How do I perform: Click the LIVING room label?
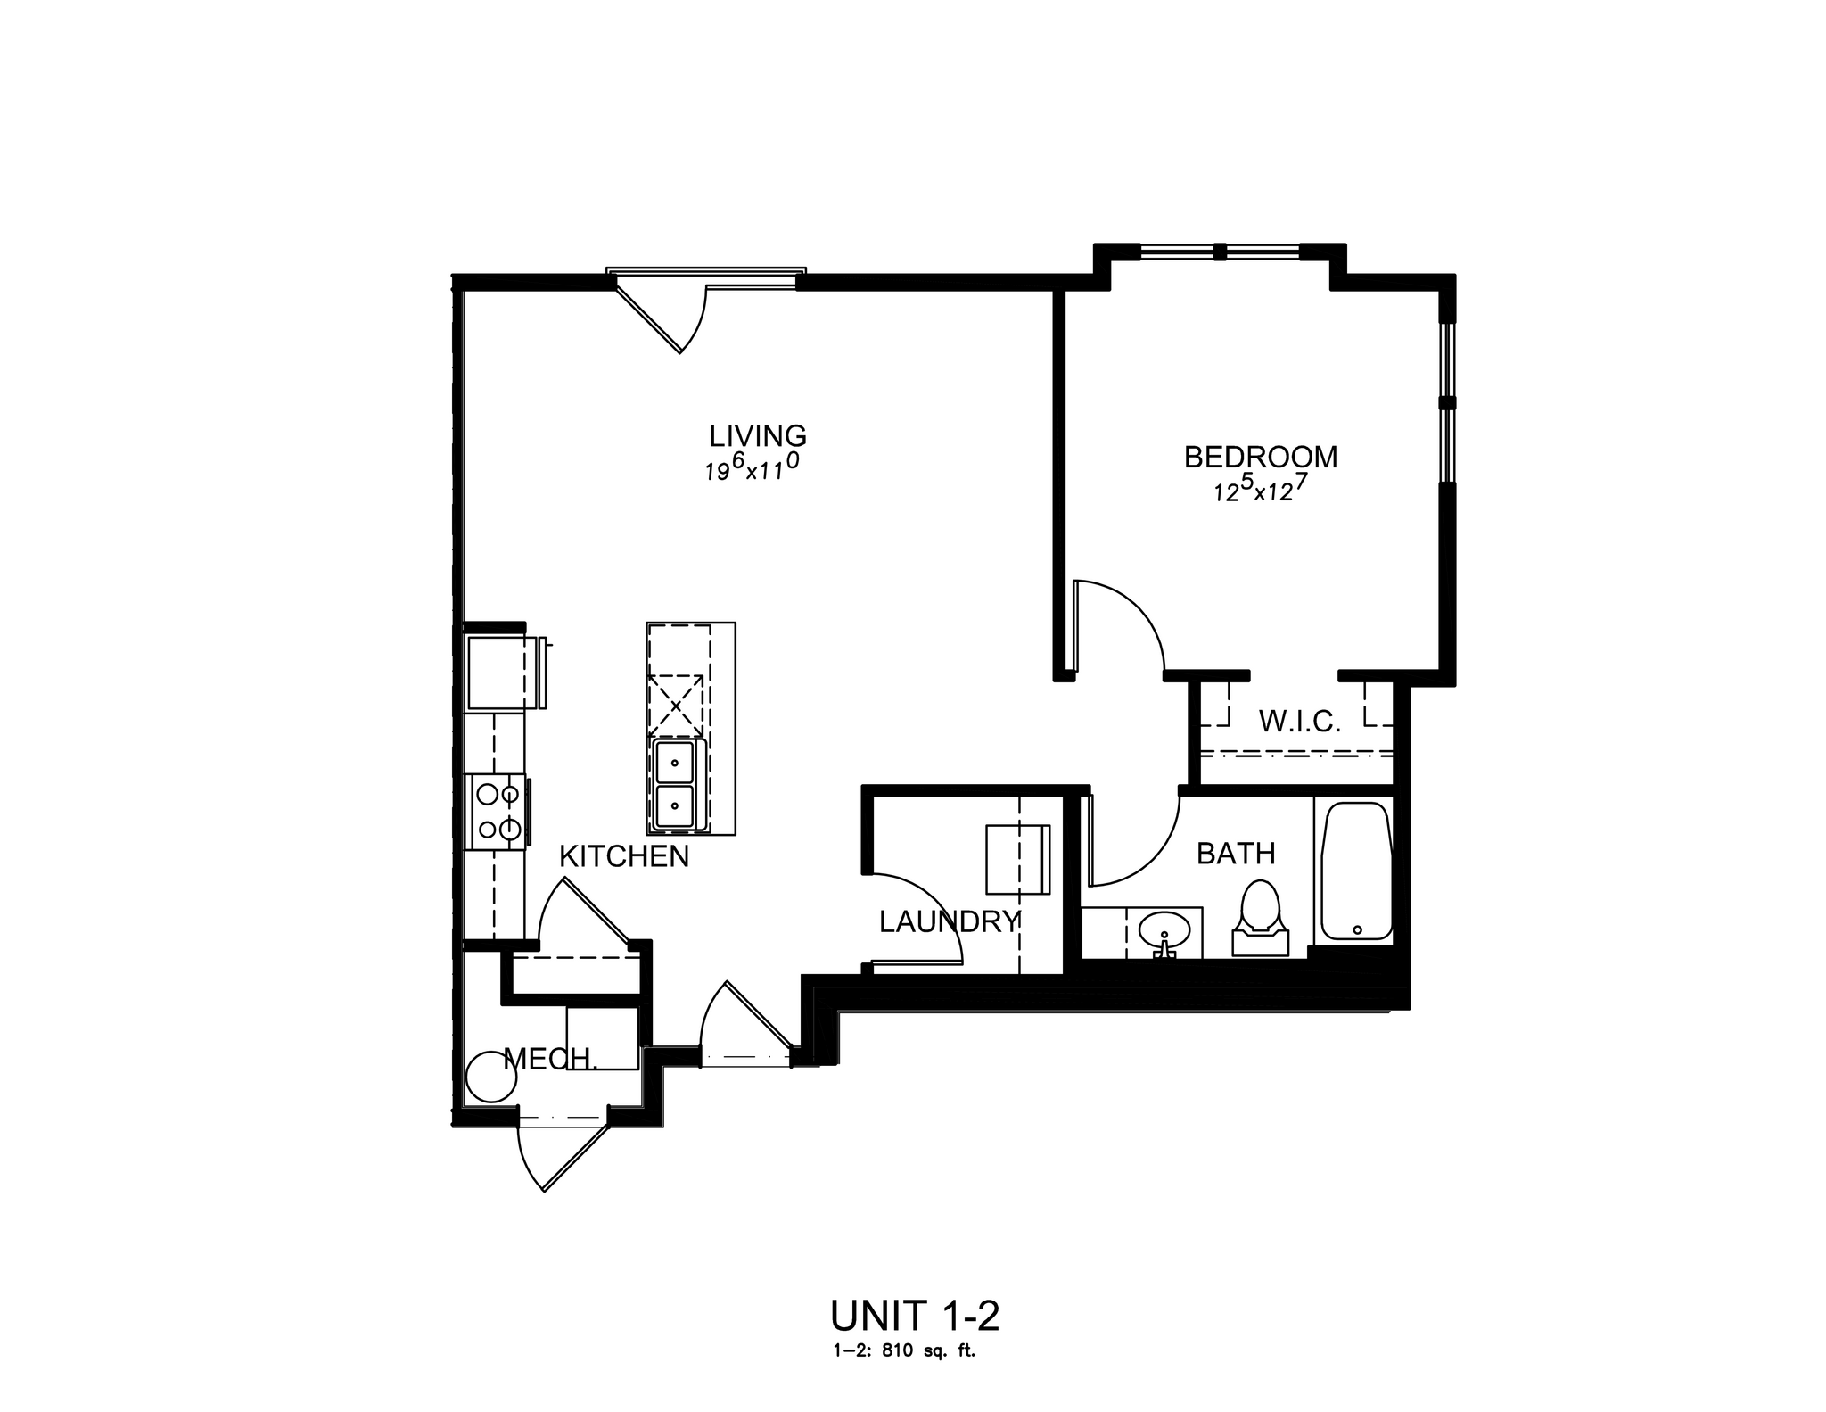pos(758,436)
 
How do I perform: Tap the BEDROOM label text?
pos(1260,457)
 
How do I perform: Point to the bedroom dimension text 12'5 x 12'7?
pos(1260,489)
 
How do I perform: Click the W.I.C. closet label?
pos(1299,722)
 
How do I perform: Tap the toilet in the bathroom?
pos(1260,919)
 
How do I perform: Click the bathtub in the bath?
pos(1356,871)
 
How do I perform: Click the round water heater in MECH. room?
pos(490,1078)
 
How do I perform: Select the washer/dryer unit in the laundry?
pos(1017,859)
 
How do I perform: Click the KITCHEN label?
pos(624,856)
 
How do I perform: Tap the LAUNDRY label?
pos(949,921)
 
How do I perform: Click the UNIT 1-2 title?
pos(914,1316)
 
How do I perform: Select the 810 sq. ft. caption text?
pos(904,1351)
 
